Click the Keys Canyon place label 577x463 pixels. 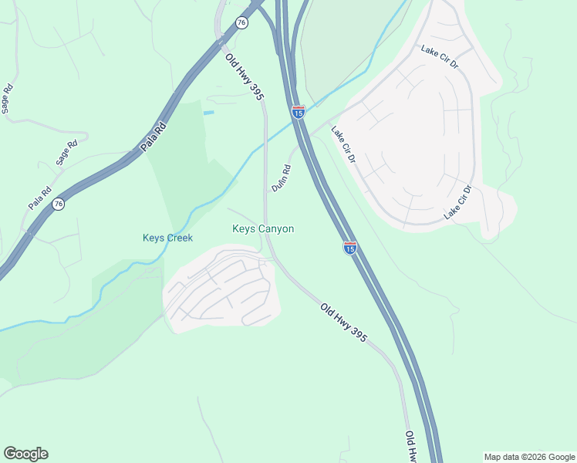[x=263, y=229]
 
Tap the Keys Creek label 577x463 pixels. [x=167, y=238]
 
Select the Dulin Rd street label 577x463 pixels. [x=281, y=178]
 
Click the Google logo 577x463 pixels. [x=25, y=453]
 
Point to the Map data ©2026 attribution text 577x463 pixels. [x=528, y=456]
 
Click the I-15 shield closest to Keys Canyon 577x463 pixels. [x=349, y=248]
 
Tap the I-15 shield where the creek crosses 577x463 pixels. [x=299, y=112]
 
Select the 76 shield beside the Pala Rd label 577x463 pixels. [x=59, y=204]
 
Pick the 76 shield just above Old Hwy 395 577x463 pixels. [x=242, y=23]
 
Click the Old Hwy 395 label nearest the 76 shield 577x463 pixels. [x=245, y=76]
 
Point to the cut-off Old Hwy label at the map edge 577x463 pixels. [x=412, y=446]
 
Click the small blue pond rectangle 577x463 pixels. [x=208, y=113]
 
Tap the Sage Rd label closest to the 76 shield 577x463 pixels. [x=67, y=153]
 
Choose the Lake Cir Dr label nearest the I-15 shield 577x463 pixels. [x=342, y=144]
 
